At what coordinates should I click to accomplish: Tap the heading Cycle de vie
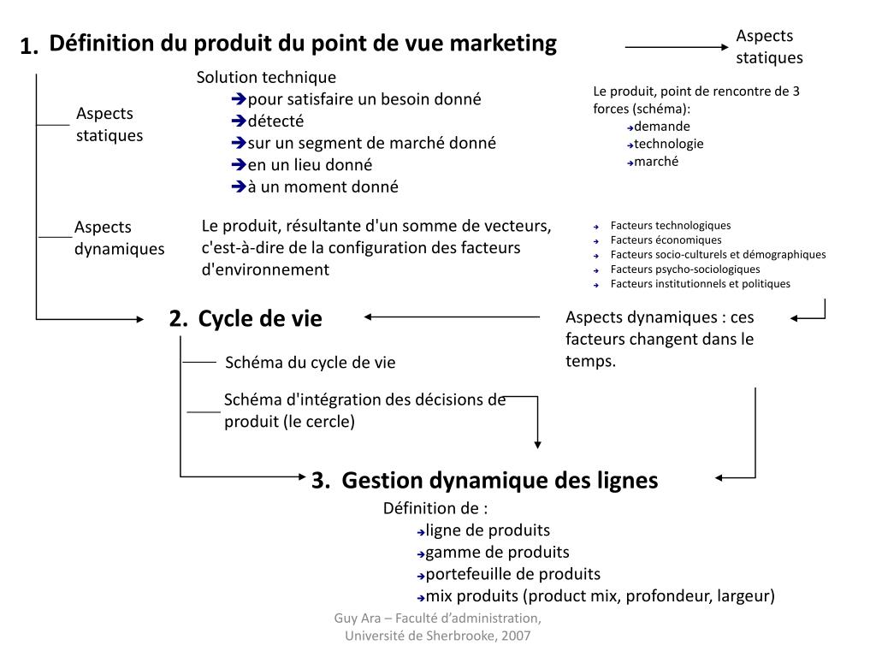pyautogui.click(x=260, y=319)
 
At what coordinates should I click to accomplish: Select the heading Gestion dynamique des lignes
pyautogui.click(x=500, y=481)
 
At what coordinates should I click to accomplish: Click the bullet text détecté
pyautogui.click(x=275, y=121)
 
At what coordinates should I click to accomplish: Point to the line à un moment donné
pyautogui.click(x=323, y=187)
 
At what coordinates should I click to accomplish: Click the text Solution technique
pyautogui.click(x=266, y=78)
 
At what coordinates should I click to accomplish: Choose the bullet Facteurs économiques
pyautogui.click(x=666, y=240)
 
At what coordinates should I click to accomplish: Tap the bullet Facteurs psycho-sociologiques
pyautogui.click(x=684, y=269)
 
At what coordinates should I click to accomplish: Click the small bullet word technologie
pyautogui.click(x=669, y=144)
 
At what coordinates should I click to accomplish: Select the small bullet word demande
pyautogui.click(x=662, y=127)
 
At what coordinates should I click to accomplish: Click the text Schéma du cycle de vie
pyautogui.click(x=310, y=363)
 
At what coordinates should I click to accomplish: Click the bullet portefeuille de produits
pyautogui.click(x=512, y=574)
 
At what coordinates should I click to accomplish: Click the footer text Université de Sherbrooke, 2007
pyautogui.click(x=437, y=636)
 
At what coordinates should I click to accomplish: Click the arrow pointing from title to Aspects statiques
pyautogui.click(x=676, y=48)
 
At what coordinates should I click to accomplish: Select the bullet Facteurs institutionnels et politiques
pyautogui.click(x=700, y=284)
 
